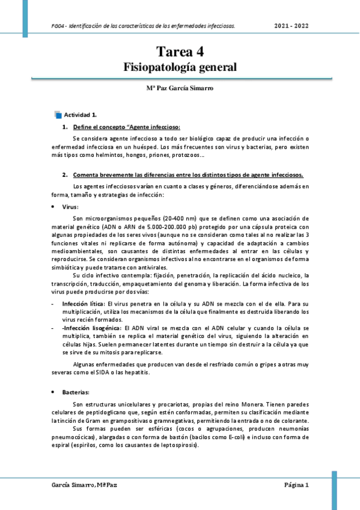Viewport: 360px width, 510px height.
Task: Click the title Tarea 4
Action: point(180,52)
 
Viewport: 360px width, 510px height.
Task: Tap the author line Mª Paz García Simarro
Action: point(180,88)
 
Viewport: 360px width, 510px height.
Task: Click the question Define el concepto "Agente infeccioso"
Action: point(126,127)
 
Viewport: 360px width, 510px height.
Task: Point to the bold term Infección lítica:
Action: point(83,305)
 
